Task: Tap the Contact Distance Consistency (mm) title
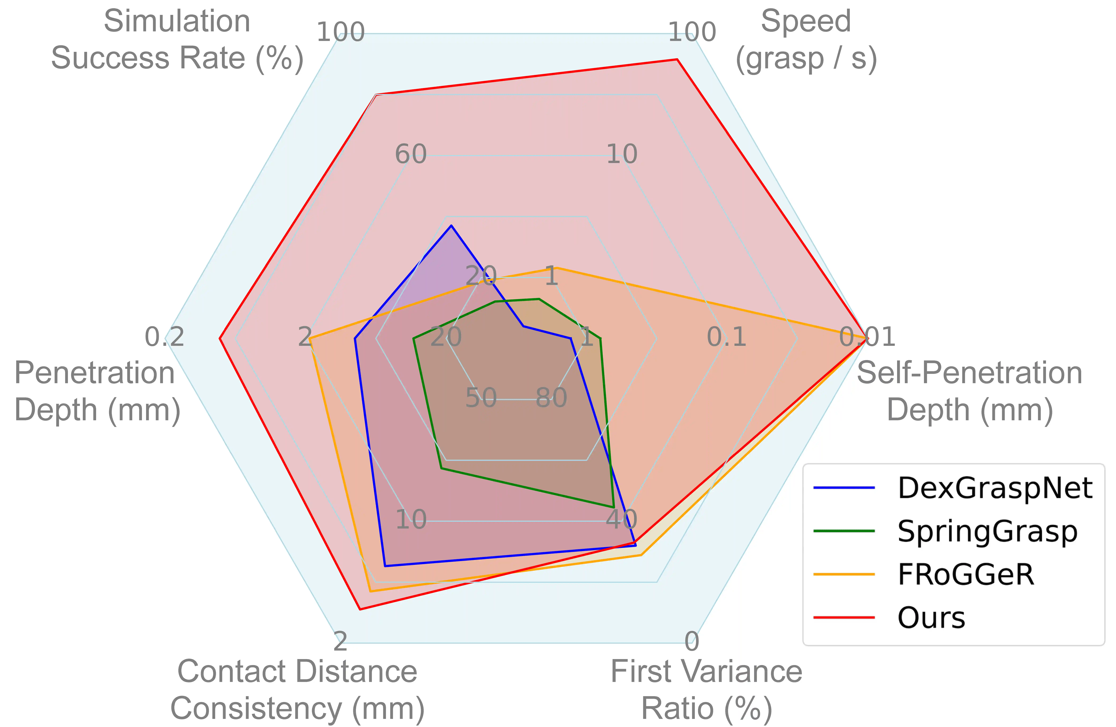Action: tap(297, 690)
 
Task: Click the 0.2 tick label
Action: tap(164, 337)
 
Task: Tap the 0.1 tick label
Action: tap(726, 337)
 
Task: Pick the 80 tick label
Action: tap(551, 398)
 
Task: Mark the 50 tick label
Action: tap(481, 398)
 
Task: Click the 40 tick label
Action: tap(621, 519)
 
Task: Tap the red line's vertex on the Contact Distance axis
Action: tap(360, 609)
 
